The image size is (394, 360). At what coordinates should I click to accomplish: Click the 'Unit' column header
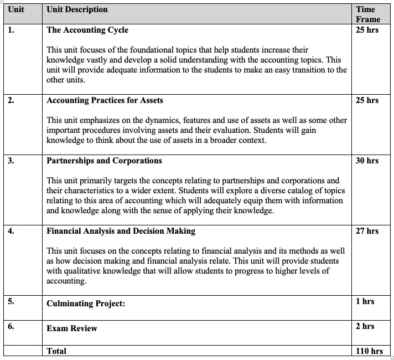16,9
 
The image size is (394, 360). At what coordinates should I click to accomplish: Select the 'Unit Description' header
77,9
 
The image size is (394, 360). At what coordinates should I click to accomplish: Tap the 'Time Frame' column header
367,14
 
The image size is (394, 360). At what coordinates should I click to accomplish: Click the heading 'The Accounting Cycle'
87,30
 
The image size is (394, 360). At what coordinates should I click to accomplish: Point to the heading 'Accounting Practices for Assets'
105,100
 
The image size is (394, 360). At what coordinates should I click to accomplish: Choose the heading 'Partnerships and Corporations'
104,161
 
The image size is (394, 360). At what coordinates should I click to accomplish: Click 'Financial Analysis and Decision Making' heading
121,231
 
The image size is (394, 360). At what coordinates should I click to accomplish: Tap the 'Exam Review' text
71,328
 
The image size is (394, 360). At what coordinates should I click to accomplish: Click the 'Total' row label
56,351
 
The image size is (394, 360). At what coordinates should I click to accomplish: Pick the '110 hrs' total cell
369,351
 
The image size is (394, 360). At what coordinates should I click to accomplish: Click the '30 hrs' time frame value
367,161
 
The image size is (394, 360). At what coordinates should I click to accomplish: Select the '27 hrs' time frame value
367,231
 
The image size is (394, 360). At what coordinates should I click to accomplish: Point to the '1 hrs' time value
365,301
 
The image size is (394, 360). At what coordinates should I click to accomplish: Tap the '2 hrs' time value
365,326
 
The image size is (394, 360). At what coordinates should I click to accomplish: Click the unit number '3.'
11,161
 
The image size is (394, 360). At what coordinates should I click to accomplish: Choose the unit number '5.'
11,301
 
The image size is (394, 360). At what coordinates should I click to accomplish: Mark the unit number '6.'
11,326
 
